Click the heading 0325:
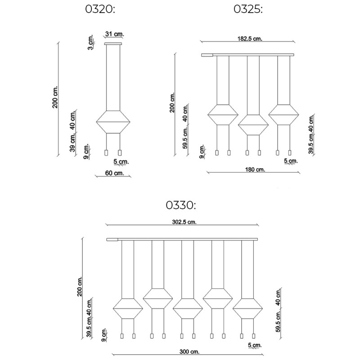(x=247, y=10)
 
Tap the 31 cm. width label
(x=114, y=34)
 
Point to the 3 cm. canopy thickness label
(x=90, y=44)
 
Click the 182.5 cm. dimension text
(x=250, y=39)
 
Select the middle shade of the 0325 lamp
(x=252, y=124)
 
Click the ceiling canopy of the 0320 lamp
(x=112, y=44)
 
